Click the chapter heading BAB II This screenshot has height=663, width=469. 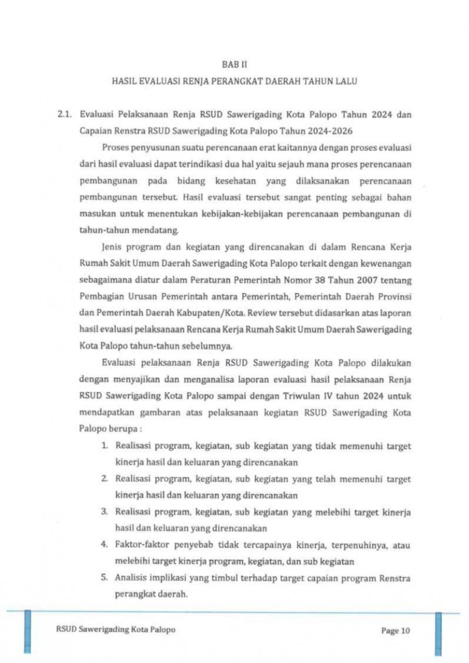pos(234,65)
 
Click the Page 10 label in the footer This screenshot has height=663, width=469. pos(396,631)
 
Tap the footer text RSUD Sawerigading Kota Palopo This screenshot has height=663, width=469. pos(115,630)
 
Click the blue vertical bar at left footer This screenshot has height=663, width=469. pos(28,632)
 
